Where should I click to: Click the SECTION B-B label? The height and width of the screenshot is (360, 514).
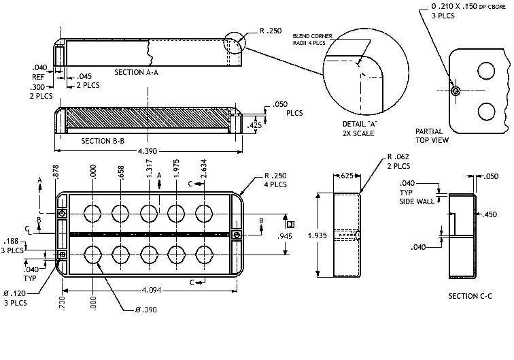(x=103, y=141)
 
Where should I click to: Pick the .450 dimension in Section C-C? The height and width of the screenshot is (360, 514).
(x=490, y=214)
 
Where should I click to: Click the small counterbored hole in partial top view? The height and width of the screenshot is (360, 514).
(x=456, y=91)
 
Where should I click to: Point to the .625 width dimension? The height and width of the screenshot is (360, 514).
(x=346, y=176)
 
